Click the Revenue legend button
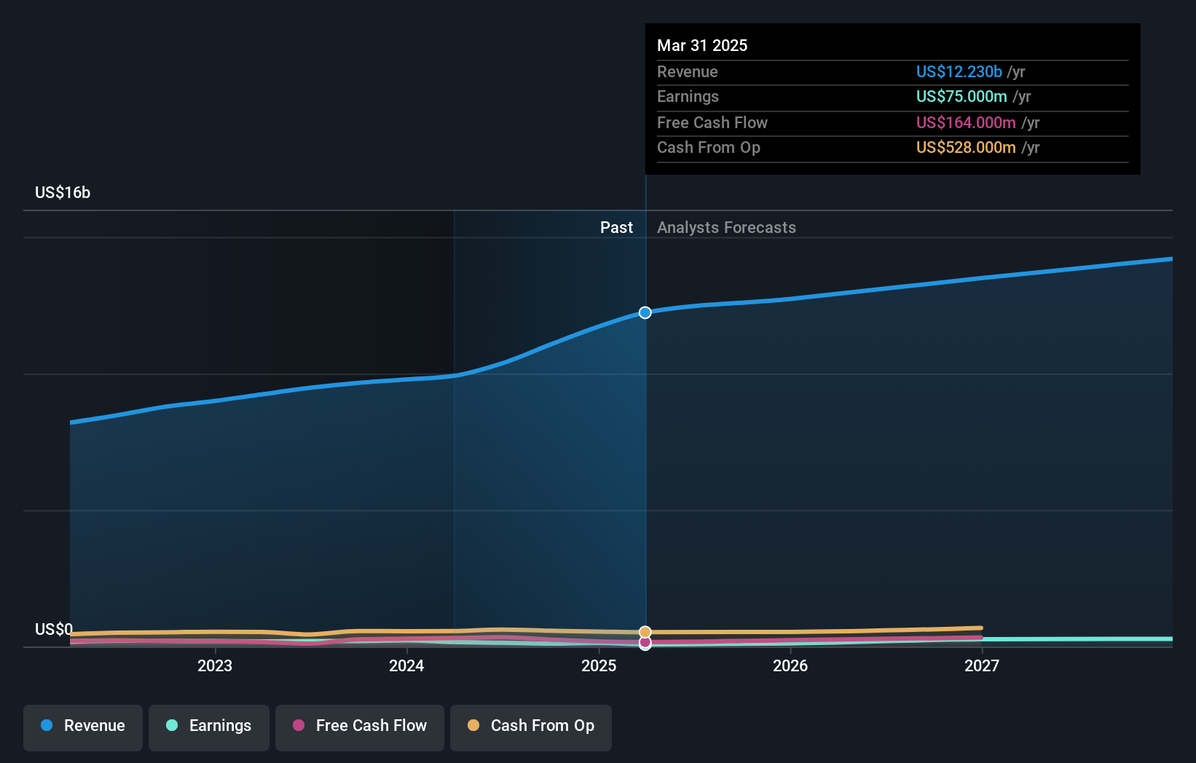83,726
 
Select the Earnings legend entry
209,726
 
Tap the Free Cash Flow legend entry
360,726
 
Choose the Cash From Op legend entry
531,726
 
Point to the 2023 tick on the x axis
215,665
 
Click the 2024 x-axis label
406,665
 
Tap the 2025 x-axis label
599,665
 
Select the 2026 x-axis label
790,665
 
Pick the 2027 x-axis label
982,665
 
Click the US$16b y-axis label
63,193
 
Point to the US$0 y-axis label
54,629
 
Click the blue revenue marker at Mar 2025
645,312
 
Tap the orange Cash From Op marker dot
645,631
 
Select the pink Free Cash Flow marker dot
645,643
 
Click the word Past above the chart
616,228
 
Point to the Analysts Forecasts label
726,228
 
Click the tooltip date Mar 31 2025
702,46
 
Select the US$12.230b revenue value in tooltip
959,72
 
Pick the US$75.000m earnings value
961,97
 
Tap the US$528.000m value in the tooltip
966,148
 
